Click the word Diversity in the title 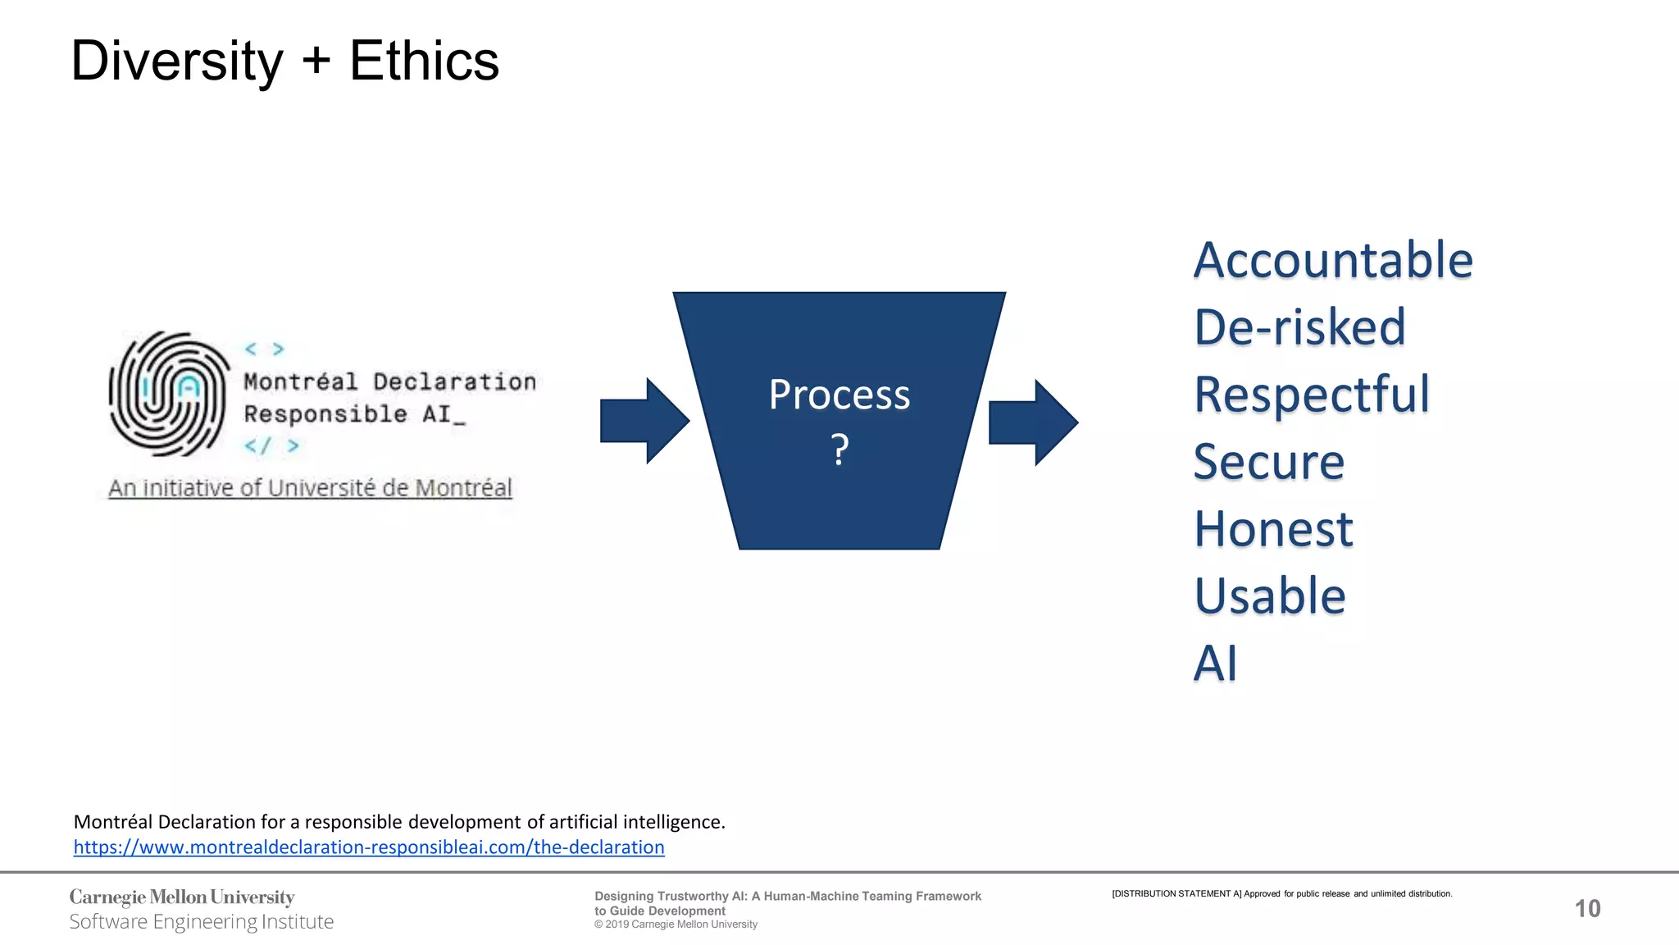tap(177, 62)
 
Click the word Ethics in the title tap(424, 62)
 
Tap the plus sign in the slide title tap(316, 62)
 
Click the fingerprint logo tap(170, 394)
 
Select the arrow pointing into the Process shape tap(644, 421)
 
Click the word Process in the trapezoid tap(839, 395)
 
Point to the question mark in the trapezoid tap(839, 450)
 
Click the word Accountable tap(1333, 260)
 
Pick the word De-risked tap(1299, 327)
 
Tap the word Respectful tap(1312, 395)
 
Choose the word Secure tap(1268, 462)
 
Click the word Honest tap(1272, 529)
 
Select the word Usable tap(1270, 596)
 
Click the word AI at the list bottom tap(1215, 663)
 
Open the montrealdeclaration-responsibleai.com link tap(369, 847)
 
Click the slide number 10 tap(1587, 908)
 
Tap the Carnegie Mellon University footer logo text tap(182, 897)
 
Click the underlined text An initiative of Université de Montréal tap(310, 488)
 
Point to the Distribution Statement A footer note tap(1281, 893)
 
